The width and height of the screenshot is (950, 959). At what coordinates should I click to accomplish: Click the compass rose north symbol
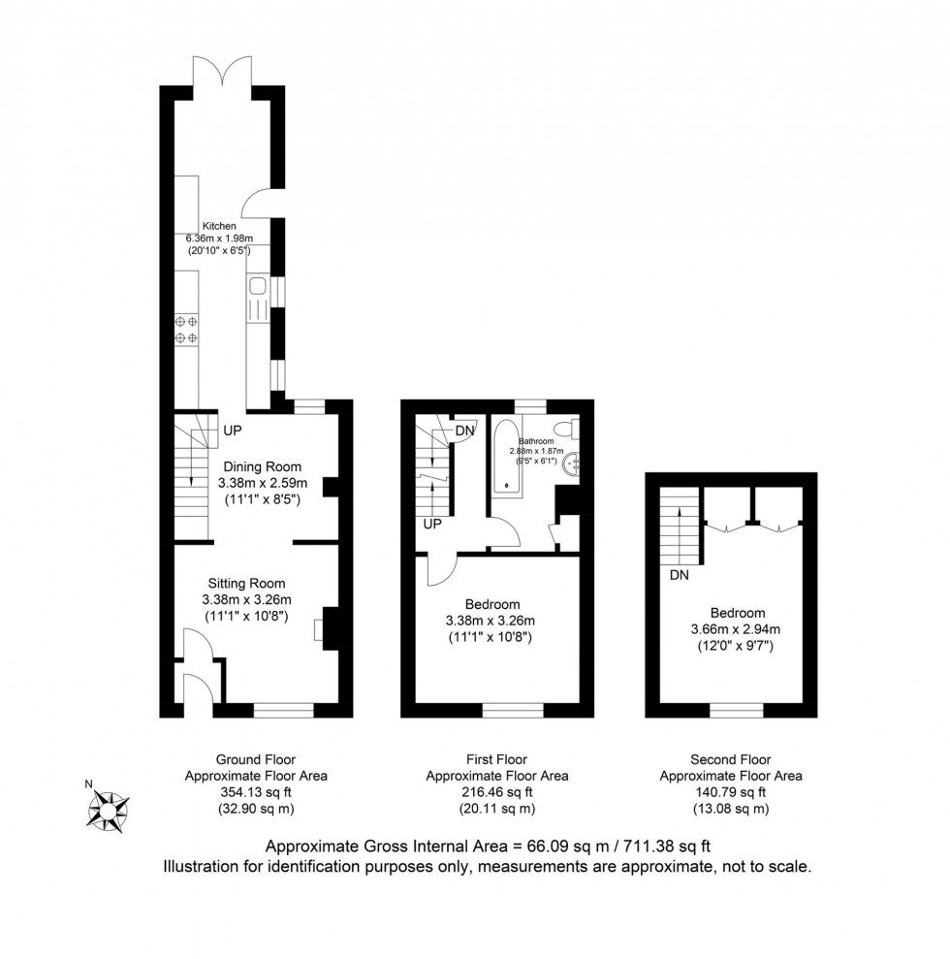tap(108, 811)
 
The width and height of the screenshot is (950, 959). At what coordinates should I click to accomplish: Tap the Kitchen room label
tap(219, 226)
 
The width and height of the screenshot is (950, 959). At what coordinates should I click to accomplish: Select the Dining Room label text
tap(263, 466)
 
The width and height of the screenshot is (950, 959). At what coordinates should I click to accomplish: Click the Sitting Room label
tap(246, 584)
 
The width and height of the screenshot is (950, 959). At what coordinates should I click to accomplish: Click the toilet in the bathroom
tap(565, 430)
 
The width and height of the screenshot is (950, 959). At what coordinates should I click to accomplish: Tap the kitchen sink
tap(257, 286)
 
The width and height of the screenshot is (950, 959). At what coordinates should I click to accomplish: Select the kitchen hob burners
tap(186, 329)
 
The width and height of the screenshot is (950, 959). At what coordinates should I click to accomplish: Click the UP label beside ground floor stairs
tap(233, 431)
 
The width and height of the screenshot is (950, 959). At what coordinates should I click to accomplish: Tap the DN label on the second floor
tap(680, 575)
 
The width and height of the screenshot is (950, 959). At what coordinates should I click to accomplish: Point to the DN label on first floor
tap(464, 431)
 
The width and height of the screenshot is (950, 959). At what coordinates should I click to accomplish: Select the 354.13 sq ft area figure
tap(256, 792)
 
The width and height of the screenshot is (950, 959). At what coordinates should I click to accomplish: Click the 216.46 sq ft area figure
tap(497, 792)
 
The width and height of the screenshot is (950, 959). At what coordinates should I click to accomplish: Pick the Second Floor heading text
tap(731, 759)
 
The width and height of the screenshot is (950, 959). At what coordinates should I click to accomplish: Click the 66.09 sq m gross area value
tap(560, 847)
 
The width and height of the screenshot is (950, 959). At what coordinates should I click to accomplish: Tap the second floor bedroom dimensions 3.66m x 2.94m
tap(736, 628)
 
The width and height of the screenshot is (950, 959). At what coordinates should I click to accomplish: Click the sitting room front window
tap(284, 710)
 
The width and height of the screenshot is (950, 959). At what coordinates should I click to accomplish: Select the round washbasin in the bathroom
tap(574, 464)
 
